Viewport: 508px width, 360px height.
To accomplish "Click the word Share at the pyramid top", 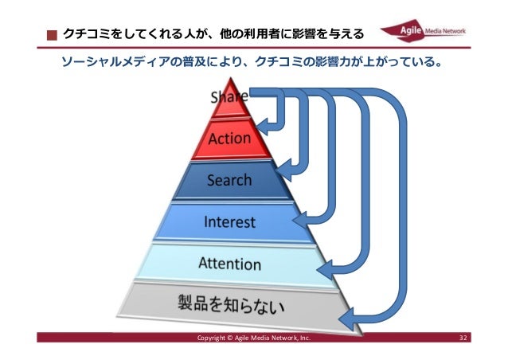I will tap(229, 97).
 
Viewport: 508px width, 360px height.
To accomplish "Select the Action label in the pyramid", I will tap(229, 139).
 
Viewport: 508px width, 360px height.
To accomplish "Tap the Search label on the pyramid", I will tap(229, 180).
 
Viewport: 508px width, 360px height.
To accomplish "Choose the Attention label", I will tap(229, 263).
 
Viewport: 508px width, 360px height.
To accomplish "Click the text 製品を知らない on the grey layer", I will tap(229, 304).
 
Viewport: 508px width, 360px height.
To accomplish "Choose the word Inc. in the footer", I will tap(305, 338).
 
